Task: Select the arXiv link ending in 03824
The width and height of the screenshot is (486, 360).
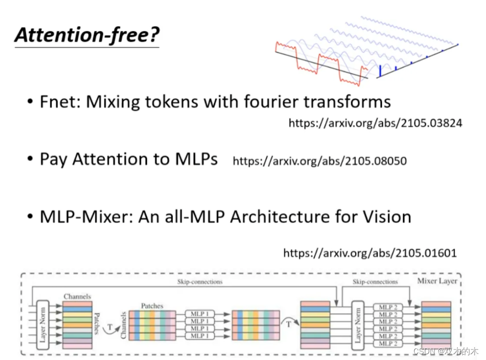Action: [375, 123]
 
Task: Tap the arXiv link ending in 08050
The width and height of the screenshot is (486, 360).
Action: [319, 161]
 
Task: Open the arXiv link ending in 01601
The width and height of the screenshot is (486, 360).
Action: [370, 253]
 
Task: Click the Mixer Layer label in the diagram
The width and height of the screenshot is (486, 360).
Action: [437, 281]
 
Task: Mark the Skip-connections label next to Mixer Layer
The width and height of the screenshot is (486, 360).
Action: [375, 282]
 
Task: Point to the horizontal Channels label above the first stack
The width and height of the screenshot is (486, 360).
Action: [77, 296]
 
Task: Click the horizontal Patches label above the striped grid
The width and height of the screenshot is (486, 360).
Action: [152, 306]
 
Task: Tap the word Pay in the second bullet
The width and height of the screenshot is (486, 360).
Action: [53, 160]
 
